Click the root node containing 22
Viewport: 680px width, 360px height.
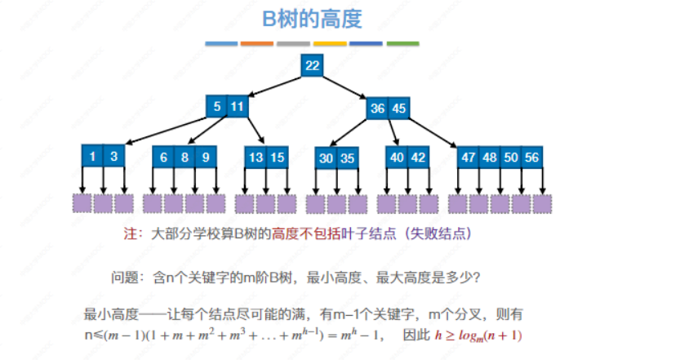click(312, 65)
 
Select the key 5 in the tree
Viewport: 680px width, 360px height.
click(217, 106)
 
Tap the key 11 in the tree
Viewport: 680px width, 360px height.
click(237, 106)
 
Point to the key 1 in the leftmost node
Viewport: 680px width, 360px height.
click(93, 157)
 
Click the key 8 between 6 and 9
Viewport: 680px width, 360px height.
click(185, 157)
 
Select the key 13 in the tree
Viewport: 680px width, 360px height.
click(256, 157)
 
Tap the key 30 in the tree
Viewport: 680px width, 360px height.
click(327, 158)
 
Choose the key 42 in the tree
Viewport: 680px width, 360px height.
click(418, 157)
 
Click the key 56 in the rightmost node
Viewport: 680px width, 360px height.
click(532, 157)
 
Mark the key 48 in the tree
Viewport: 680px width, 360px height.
click(490, 157)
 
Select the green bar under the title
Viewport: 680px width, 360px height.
click(402, 43)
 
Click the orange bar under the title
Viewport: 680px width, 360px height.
click(257, 43)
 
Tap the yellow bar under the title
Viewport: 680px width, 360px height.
click(330, 43)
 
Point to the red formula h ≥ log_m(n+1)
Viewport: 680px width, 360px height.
click(478, 335)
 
